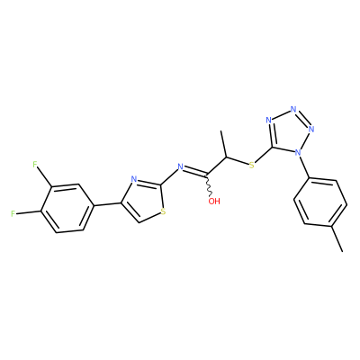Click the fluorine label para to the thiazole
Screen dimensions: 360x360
[13, 214]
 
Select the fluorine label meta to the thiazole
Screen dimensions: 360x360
[35, 165]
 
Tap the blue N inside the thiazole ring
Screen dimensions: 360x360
[134, 180]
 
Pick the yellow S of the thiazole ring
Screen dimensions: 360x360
[163, 212]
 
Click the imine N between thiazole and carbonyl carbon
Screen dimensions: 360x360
[180, 166]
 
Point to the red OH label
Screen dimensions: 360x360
[214, 201]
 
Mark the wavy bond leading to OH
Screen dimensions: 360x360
[209, 185]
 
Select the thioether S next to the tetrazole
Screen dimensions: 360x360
[252, 165]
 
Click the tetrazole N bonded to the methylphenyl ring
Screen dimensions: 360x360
[298, 153]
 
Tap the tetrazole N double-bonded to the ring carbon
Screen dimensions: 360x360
[269, 121]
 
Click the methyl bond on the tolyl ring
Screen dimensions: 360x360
[337, 238]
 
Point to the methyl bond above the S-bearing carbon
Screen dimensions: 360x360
[224, 144]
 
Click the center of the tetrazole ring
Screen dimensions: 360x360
[289, 131]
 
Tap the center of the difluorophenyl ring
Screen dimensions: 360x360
[66, 208]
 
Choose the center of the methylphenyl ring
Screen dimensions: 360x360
[320, 202]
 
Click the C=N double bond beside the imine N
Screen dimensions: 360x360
[195, 171]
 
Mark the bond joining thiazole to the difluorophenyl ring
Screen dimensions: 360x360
[106, 205]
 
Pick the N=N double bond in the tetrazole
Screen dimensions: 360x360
[303, 119]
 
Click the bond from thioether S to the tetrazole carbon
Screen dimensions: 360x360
[264, 155]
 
